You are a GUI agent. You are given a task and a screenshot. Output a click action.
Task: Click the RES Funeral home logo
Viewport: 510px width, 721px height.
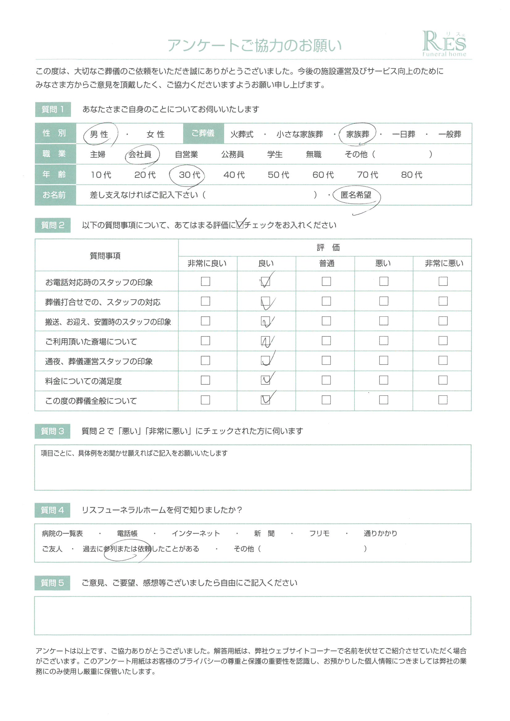pyautogui.click(x=444, y=44)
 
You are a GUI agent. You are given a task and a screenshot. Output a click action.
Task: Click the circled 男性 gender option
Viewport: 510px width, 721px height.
pyautogui.click(x=99, y=134)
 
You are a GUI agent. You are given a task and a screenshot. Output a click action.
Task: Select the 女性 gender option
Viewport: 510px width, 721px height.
pyautogui.click(x=155, y=134)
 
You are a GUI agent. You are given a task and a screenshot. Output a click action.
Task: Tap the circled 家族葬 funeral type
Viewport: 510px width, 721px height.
pyautogui.click(x=358, y=134)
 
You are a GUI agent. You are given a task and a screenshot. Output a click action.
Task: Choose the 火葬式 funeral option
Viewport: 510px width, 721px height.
pyautogui.click(x=242, y=134)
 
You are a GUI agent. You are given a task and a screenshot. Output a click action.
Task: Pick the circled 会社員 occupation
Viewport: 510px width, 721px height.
pyautogui.click(x=140, y=154)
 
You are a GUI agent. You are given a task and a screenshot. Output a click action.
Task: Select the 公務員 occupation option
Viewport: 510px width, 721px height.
pyautogui.click(x=233, y=154)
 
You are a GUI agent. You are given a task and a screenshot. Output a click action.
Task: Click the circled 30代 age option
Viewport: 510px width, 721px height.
pyautogui.click(x=189, y=175)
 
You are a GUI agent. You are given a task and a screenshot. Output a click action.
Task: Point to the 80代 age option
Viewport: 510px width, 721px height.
pyautogui.click(x=411, y=175)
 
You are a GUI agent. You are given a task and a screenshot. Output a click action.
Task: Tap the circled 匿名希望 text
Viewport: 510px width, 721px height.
pyautogui.click(x=356, y=195)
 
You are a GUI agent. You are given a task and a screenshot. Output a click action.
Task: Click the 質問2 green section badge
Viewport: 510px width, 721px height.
pyautogui.click(x=53, y=225)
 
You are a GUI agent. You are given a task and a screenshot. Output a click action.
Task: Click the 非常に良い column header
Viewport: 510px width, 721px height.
pyautogui.click(x=207, y=263)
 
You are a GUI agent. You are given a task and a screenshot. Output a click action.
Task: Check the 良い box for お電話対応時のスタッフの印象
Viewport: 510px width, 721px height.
pyautogui.click(x=266, y=281)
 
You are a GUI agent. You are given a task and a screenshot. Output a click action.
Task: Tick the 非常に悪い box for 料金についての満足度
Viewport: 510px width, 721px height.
pyautogui.click(x=443, y=380)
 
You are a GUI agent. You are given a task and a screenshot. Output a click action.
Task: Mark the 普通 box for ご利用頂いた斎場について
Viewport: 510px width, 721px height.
pyautogui.click(x=326, y=341)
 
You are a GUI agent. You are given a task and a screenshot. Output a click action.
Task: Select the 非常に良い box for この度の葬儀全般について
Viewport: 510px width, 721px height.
pyautogui.click(x=205, y=400)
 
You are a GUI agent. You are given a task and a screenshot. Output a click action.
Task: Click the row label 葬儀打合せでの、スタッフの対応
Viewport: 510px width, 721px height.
pyautogui.click(x=103, y=302)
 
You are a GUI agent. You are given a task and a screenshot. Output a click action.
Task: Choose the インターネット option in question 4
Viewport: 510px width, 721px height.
pyautogui.click(x=196, y=534)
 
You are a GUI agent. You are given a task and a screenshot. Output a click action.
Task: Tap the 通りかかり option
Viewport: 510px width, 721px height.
pyautogui.click(x=380, y=534)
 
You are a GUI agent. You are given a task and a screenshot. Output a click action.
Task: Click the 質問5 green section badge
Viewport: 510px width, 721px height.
pyautogui.click(x=52, y=583)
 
